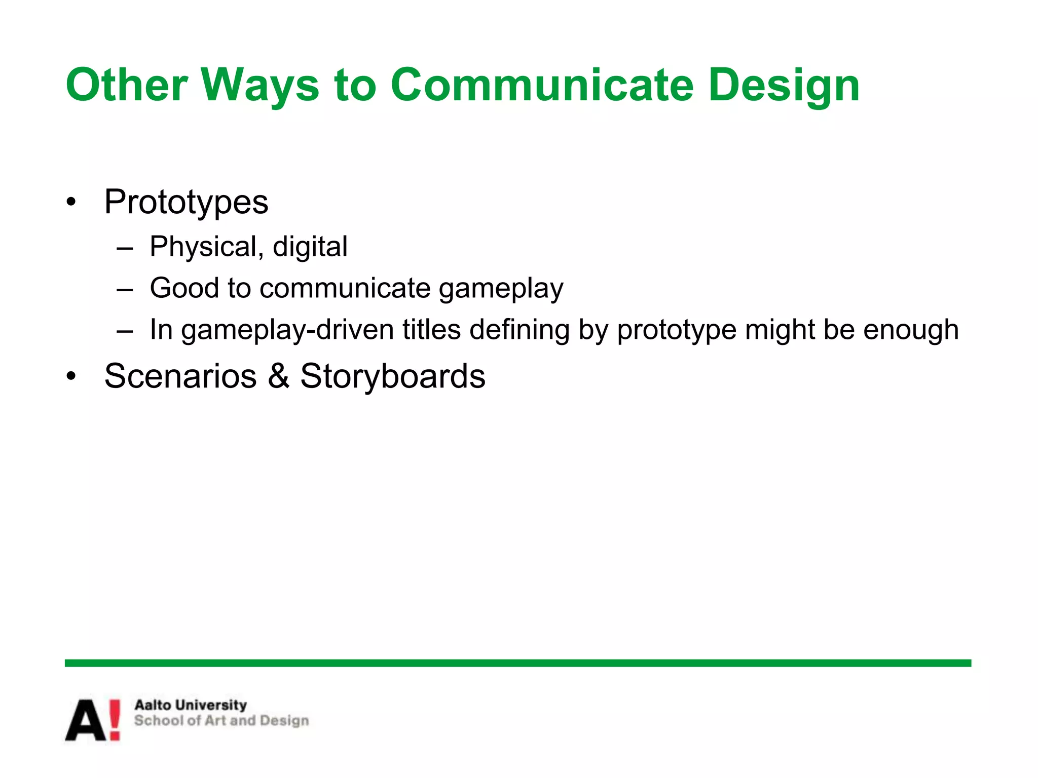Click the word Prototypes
[x=186, y=203]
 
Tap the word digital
[x=310, y=247]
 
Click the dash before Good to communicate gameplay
[x=125, y=290]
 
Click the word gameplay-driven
[x=287, y=330]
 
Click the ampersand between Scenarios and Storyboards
[x=278, y=376]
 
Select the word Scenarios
[x=180, y=376]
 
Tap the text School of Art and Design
[x=221, y=721]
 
